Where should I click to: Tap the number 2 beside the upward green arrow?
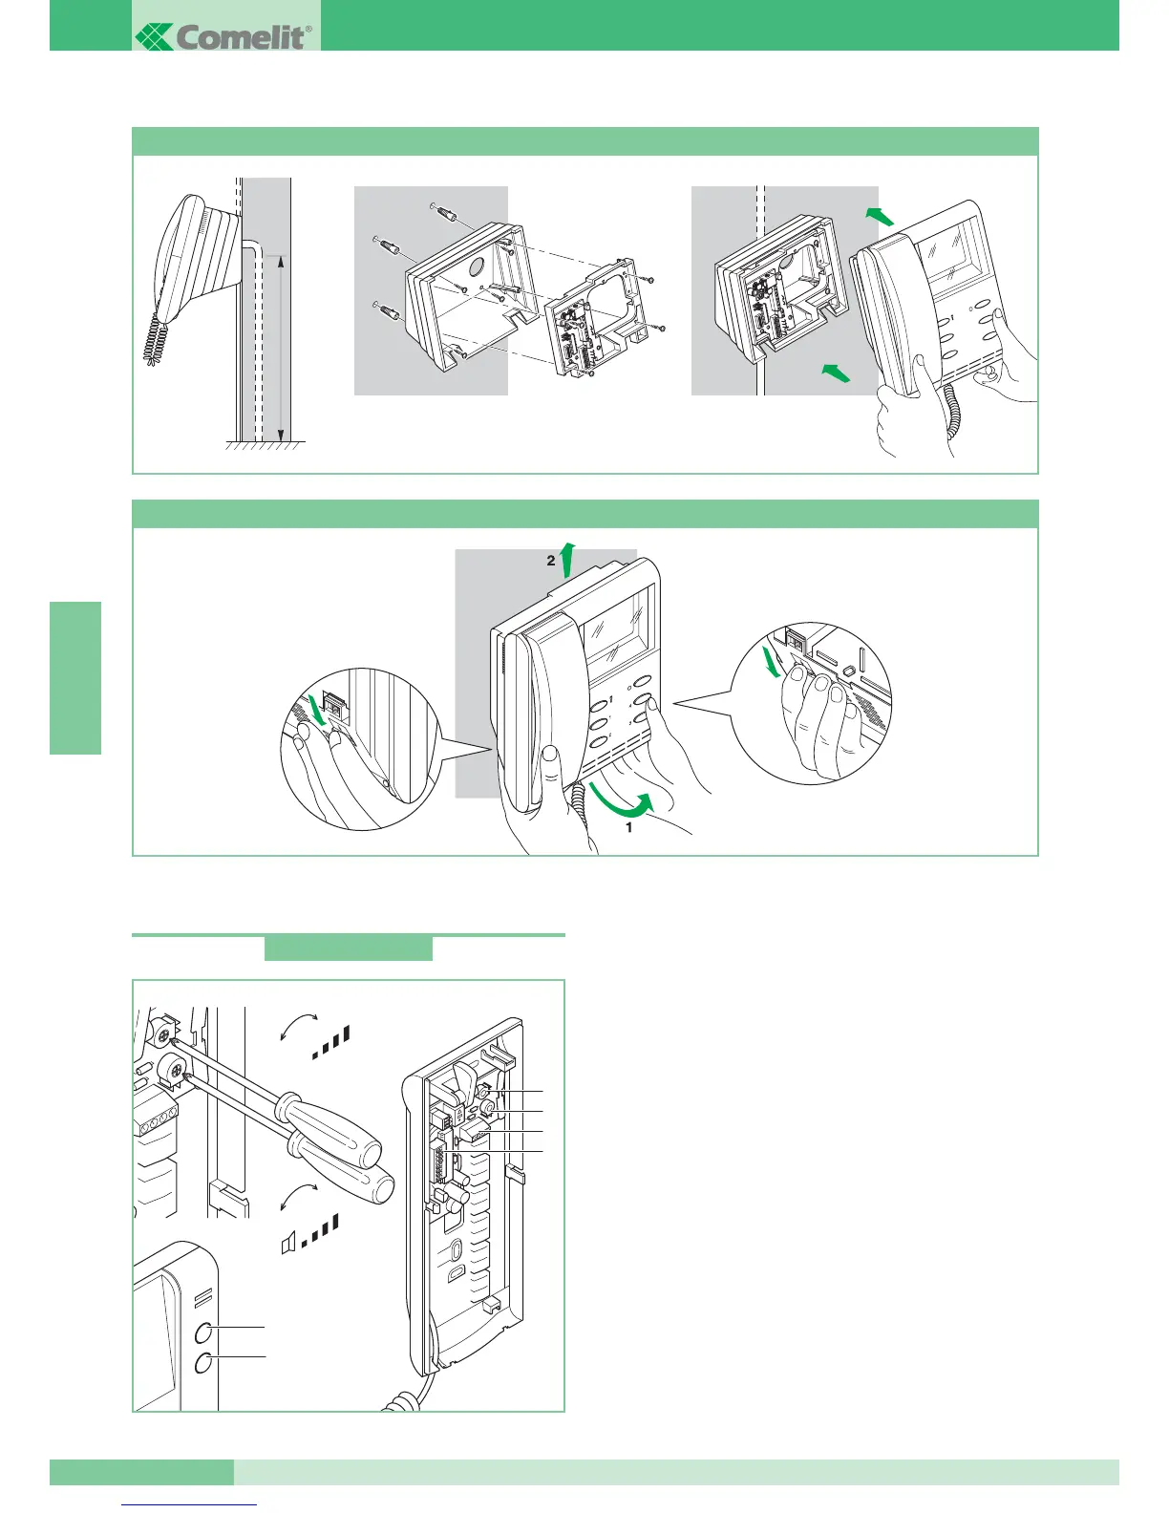click(551, 562)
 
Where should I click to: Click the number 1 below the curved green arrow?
click(628, 828)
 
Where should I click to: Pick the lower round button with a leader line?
click(204, 1363)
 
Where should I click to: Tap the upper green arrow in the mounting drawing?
click(880, 216)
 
